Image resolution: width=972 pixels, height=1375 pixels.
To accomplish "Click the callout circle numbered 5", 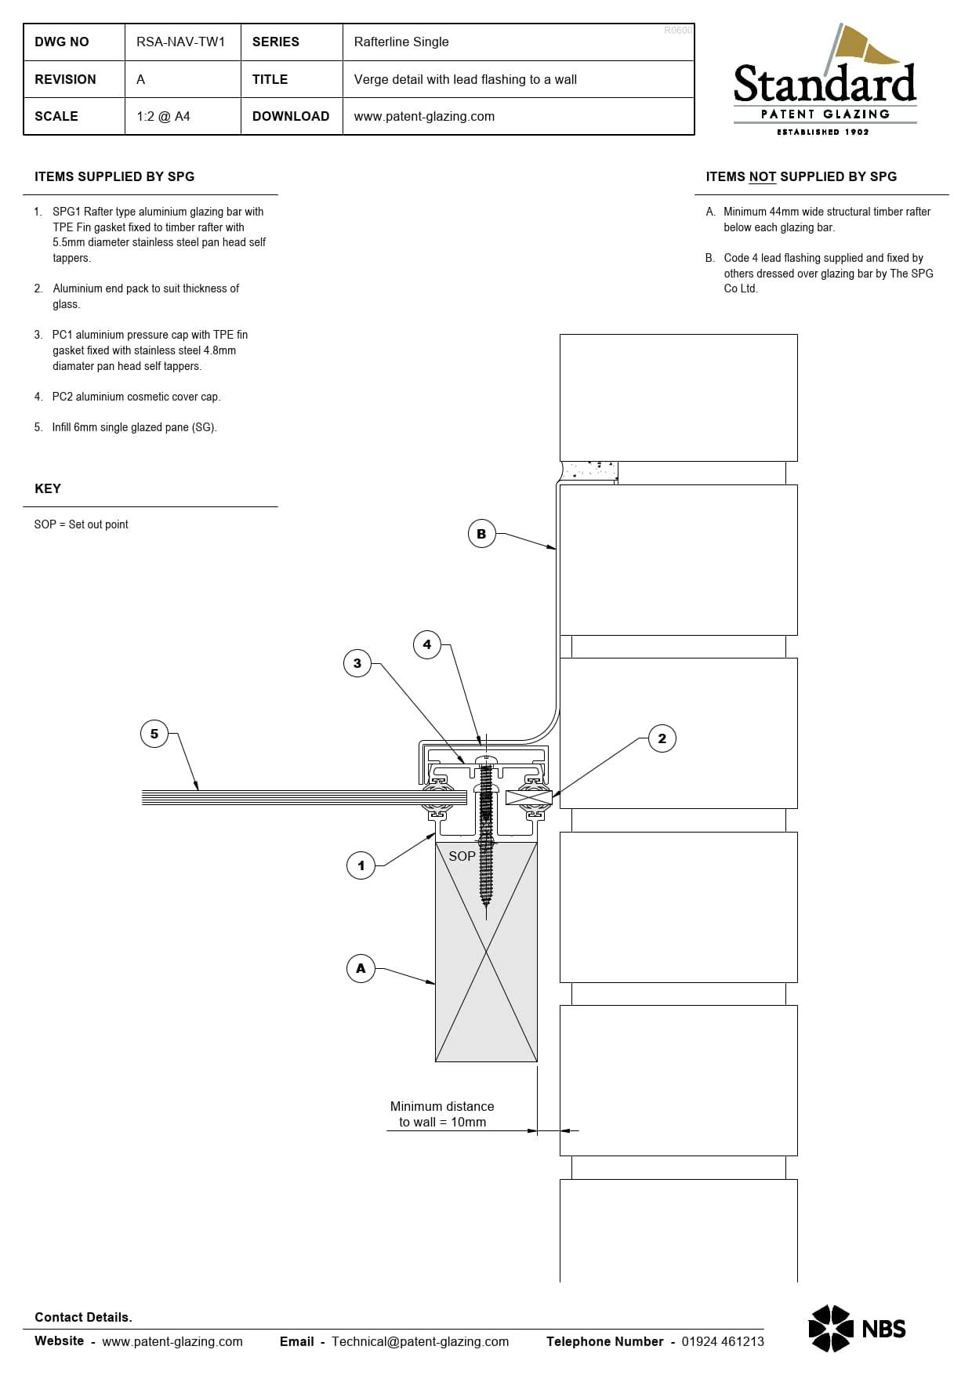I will click(x=154, y=734).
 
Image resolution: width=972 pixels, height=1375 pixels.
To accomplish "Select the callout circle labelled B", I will click(x=481, y=534).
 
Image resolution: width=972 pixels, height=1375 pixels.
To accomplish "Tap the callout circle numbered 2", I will click(x=662, y=738).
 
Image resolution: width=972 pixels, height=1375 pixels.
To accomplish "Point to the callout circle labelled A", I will click(x=361, y=968).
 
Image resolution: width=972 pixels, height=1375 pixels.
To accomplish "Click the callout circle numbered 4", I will click(x=427, y=644).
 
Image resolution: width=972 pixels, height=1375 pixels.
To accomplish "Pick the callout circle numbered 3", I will click(x=357, y=663).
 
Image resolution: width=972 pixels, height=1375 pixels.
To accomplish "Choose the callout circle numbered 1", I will click(x=361, y=865).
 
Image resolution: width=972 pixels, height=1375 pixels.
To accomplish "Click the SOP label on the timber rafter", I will click(x=462, y=856).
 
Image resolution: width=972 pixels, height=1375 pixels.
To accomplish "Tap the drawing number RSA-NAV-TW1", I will click(x=180, y=42).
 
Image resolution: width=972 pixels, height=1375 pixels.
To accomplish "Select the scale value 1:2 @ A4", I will click(x=163, y=116).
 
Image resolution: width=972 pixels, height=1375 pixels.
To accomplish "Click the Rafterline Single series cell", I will click(x=401, y=42).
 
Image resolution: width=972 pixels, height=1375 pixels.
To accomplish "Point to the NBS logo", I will click(x=857, y=1328).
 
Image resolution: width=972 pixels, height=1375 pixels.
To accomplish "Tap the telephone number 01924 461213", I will click(x=722, y=1341).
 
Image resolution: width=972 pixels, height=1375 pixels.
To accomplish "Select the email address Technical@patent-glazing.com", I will click(x=420, y=1341).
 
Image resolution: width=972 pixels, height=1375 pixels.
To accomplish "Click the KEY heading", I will click(x=48, y=488).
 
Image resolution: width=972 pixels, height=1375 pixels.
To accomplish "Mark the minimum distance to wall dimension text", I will click(x=442, y=1114).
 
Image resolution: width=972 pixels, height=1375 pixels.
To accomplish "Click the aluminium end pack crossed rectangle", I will click(x=529, y=798).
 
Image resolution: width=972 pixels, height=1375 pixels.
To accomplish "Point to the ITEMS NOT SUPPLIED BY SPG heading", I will click(x=801, y=176).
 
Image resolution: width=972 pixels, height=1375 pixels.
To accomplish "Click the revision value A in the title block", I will click(x=141, y=79).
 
